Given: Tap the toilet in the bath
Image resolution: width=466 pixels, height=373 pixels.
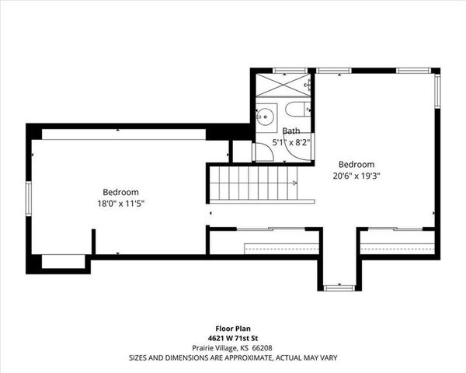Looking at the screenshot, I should coord(298,110).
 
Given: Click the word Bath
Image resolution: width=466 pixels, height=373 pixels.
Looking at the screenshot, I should coord(291,131).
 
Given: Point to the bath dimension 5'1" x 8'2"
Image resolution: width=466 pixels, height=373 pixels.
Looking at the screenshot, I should coord(292,142).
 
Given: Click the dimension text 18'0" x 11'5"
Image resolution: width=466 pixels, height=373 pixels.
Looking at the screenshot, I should coord(120,204).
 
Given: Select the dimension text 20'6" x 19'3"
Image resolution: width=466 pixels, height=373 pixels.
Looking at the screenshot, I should coord(356,176).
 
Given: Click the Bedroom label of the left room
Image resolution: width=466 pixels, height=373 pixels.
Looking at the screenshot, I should coord(120,192).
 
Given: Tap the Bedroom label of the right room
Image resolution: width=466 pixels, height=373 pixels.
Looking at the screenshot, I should coord(356,165).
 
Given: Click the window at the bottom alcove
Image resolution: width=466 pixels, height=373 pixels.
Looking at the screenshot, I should coord(339,288).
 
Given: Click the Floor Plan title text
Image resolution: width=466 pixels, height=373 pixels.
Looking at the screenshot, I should coord(233,328).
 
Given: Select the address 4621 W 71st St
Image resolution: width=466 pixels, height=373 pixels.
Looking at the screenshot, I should coord(233,338).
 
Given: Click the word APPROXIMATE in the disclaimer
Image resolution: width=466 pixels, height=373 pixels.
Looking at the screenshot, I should coord(234,358).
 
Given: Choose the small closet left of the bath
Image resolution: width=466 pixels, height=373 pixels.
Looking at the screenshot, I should coord(242,151).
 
